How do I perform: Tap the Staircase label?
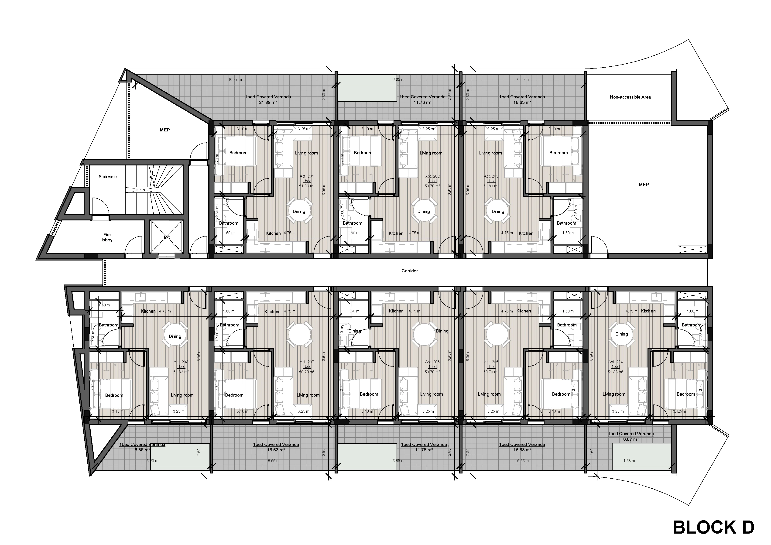coord(107,177)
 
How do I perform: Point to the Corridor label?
coord(409,271)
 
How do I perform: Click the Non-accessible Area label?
coord(630,97)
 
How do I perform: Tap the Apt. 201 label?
coord(307,176)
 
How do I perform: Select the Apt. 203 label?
coord(491,176)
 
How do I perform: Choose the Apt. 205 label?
coord(491,362)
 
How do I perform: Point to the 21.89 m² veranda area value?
coord(268,103)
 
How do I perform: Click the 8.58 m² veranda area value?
coord(142,450)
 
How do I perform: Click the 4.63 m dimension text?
coord(629,461)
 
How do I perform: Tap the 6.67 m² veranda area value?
coord(631,439)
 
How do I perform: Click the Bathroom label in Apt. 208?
coord(109,325)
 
